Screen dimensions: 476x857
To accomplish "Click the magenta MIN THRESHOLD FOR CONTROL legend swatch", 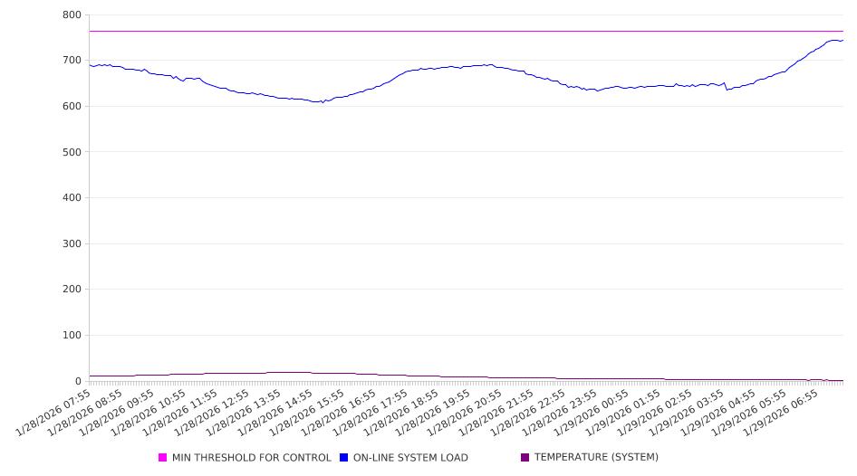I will pos(163,458).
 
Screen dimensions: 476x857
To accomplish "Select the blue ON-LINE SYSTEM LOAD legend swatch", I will pos(344,458).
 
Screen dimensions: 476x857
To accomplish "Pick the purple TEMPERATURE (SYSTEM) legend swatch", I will pos(525,458).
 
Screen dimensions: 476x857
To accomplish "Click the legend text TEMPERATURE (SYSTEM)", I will pos(596,458).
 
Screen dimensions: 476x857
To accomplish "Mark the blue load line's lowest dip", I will pos(322,102).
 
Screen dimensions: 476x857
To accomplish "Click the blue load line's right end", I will pos(843,40).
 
